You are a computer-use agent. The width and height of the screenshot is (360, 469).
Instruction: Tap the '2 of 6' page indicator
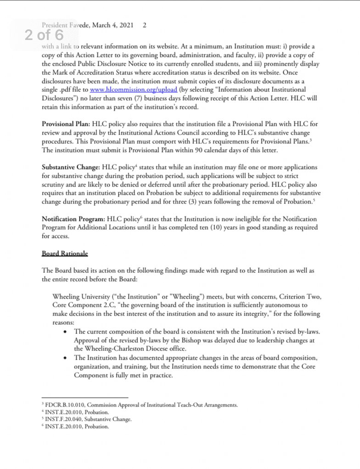(x=44, y=36)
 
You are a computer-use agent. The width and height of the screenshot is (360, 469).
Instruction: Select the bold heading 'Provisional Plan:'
(x=66, y=124)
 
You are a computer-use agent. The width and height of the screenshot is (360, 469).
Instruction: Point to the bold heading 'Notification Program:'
(x=73, y=219)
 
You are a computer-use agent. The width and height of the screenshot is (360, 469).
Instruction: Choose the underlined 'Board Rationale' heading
(x=65, y=253)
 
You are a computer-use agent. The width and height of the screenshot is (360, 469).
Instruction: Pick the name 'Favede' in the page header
(x=81, y=25)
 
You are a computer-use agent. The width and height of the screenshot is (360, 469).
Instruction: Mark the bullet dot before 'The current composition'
(x=67, y=332)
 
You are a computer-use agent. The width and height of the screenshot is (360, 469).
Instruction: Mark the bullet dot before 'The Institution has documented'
(x=67, y=358)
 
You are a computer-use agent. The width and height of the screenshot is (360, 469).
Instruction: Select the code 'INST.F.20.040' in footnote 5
(x=64, y=420)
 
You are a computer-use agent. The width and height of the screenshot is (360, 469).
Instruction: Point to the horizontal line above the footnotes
(x=84, y=398)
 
